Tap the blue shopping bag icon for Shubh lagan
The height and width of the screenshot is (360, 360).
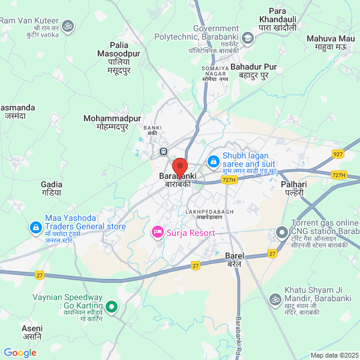[x=212, y=161]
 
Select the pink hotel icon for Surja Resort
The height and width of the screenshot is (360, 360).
[x=158, y=231]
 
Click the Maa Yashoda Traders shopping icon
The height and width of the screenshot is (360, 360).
[x=35, y=228]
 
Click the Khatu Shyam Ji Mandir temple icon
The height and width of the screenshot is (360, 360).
[x=275, y=299]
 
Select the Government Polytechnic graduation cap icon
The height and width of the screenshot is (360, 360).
[x=247, y=38]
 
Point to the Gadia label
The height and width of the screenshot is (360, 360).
[x=51, y=188]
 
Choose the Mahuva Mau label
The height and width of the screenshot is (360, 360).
[x=331, y=42]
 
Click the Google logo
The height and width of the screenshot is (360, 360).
[x=20, y=353]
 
